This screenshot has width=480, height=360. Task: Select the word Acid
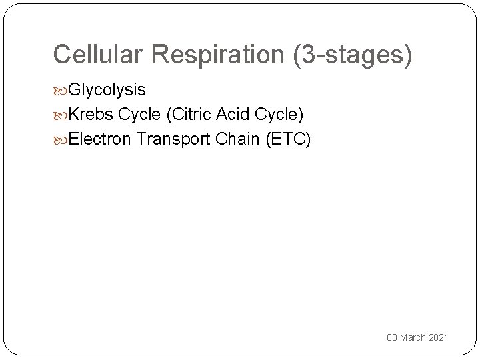click(x=233, y=115)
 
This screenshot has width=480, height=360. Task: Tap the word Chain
click(x=235, y=140)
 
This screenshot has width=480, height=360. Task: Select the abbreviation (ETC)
click(x=287, y=140)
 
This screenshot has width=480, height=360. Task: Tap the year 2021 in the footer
click(x=439, y=338)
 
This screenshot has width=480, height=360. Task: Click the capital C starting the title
click(x=61, y=54)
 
